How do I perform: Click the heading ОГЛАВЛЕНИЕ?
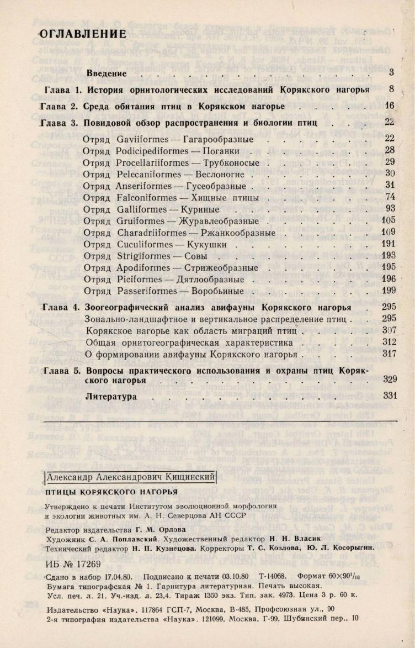coord(82,34)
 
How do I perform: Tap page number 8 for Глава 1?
coord(390,89)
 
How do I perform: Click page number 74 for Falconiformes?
coord(390,197)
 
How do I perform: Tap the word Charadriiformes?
coord(153,233)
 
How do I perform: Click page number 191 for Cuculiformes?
coord(389,244)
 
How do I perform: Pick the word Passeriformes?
coord(147,291)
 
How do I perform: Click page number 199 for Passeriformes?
coord(389,291)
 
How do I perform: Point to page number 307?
coord(389,331)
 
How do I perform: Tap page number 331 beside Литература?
coord(390,396)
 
